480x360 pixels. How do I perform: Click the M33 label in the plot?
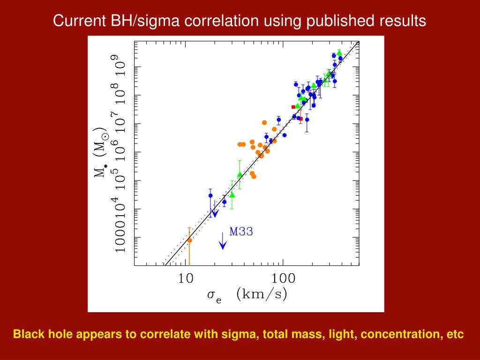click(241, 231)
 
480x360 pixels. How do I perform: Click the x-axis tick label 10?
click(187, 278)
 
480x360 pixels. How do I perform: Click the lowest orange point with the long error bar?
click(190, 240)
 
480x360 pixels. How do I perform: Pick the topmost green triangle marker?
click(339, 52)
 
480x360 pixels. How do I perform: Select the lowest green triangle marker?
click(232, 195)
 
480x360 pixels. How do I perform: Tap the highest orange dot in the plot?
click(264, 123)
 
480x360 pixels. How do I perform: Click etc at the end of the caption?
click(456, 335)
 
